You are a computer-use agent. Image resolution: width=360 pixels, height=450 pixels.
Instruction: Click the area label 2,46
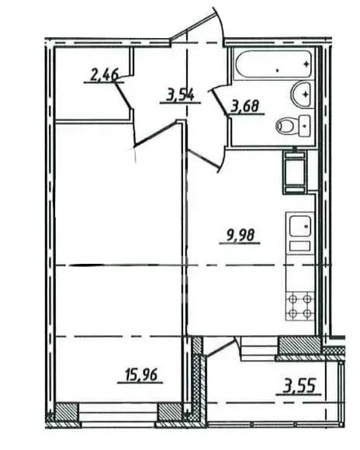point(104,75)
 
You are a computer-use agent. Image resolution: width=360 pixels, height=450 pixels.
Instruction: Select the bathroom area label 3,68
point(245,107)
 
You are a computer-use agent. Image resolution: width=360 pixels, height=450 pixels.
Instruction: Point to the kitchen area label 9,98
point(241,236)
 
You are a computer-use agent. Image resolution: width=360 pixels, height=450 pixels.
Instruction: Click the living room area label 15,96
point(141,375)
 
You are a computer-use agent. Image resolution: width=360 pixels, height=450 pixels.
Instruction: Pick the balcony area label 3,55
point(299,386)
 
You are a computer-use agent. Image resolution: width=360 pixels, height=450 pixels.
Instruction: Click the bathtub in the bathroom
point(274,64)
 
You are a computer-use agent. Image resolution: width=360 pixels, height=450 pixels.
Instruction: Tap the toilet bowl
point(288,126)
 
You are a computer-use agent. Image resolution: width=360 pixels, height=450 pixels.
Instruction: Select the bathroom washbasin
point(301,95)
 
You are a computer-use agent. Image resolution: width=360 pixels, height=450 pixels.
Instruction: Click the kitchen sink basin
point(300,227)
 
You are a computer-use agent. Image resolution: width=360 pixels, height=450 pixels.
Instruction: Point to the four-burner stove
point(300,306)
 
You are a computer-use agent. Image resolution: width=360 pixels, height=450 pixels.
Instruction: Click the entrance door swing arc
point(220,26)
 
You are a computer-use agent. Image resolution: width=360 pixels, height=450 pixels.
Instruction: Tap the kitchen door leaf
point(203,159)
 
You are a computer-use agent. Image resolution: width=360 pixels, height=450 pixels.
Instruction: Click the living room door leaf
point(157,133)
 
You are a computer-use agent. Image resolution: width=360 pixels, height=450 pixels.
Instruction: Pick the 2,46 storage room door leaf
point(123,95)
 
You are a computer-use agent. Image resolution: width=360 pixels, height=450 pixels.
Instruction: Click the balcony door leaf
point(221,348)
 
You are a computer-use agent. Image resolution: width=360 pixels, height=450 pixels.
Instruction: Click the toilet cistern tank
point(304,126)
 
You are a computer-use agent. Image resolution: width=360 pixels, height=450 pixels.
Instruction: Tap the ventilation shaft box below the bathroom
point(295,171)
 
